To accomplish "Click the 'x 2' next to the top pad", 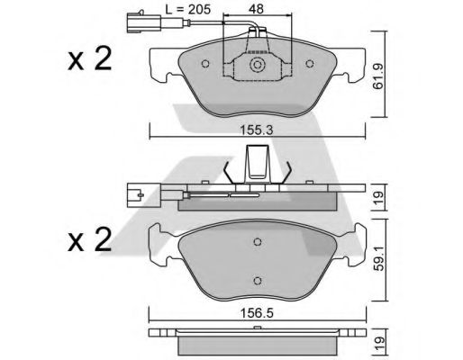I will [x=89, y=59].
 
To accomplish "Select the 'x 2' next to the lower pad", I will [x=89, y=240].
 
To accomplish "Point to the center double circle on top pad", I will [x=258, y=66].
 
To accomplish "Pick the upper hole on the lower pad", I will [x=259, y=241].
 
